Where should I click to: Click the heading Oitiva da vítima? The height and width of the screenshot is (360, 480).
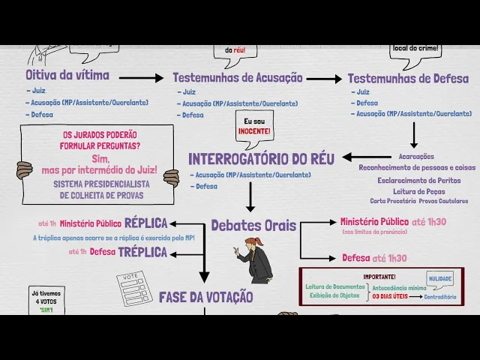coord(67,75)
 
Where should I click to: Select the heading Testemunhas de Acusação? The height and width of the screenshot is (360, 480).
coord(238,78)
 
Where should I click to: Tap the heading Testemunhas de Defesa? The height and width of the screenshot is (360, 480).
coord(408,78)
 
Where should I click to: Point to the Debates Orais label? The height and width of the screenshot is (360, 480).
coord(253,226)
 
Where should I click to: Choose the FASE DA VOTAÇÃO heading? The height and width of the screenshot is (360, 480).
coord(205,297)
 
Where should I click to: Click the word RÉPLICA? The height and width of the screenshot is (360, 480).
coord(146,223)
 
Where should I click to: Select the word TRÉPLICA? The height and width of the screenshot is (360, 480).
coord(142,252)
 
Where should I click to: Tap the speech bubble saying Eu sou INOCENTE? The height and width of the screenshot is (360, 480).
coord(255,127)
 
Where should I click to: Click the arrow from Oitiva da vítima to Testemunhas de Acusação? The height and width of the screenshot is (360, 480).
coord(141,78)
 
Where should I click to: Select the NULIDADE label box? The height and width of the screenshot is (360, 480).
coord(440,277)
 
